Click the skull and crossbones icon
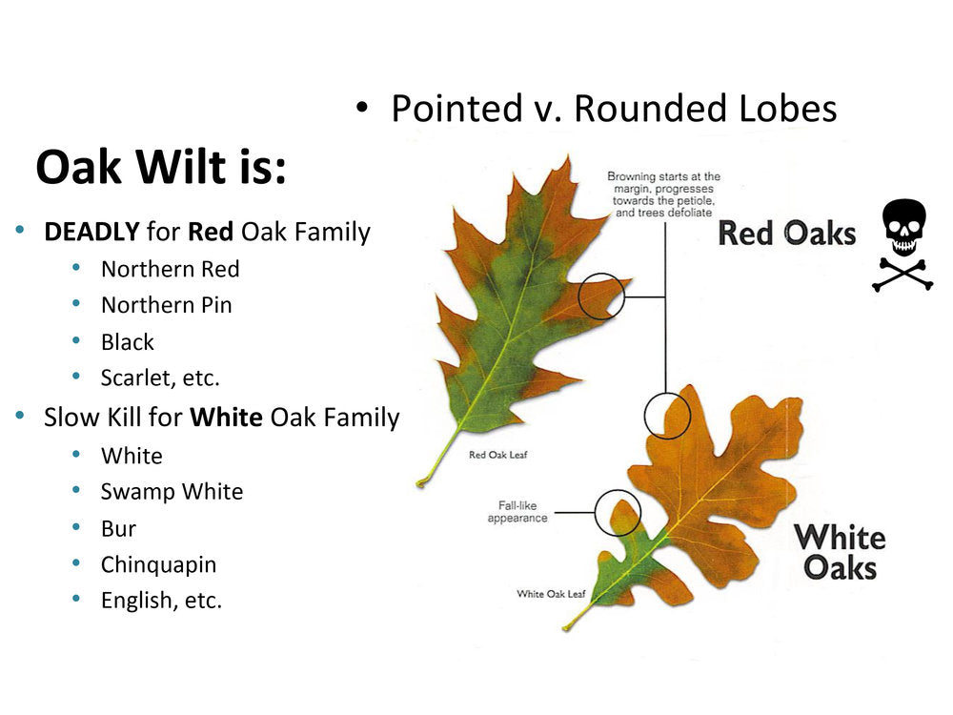[902, 244]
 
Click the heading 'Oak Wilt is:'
[160, 168]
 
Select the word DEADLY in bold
[91, 232]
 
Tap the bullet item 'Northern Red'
[170, 269]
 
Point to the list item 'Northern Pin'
[166, 305]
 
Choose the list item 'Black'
[127, 341]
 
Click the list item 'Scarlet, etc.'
[160, 378]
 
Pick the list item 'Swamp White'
[172, 492]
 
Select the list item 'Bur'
[118, 528]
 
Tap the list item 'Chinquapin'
[158, 564]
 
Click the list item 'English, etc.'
[161, 601]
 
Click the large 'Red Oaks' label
[786, 234]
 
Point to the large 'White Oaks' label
[840, 552]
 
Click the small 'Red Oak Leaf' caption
[497, 455]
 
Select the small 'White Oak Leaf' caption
[551, 594]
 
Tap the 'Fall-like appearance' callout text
[517, 512]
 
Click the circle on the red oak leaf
[601, 296]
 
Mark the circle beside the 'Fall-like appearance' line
[618, 513]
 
